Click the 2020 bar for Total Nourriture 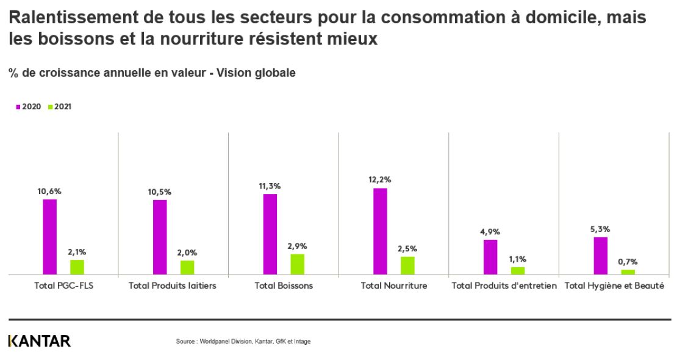coord(380,231)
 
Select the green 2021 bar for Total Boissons coord(297,264)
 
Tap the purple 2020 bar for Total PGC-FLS coord(50,237)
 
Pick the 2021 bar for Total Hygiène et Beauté coord(628,272)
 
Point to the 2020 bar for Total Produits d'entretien coord(490,257)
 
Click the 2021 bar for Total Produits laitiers coord(187,267)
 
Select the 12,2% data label coord(380,179)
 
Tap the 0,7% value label coord(628,261)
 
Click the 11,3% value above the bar coord(270,185)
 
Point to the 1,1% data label coord(517,259)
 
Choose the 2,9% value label coord(297,246)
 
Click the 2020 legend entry coord(29,107)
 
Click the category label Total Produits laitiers coord(173,286)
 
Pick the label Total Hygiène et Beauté coord(614,286)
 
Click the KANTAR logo coord(40,341)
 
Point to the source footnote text coord(243,342)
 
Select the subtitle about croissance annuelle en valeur coord(152,73)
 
